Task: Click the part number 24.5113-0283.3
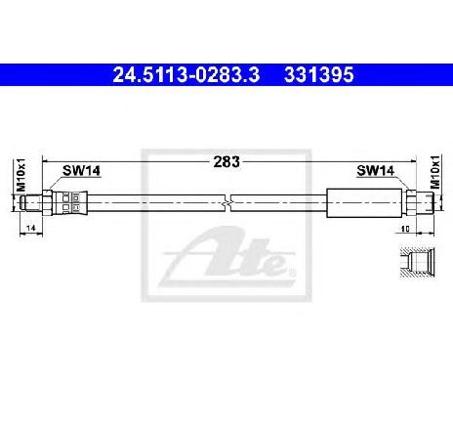pos(186,75)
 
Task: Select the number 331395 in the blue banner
pos(318,75)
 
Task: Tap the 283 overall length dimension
pos(226,162)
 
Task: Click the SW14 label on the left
pos(81,170)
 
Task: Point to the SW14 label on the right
pos(376,170)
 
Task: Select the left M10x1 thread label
pos(21,175)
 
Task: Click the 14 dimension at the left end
pos(31,228)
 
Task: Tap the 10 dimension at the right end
pos(405,229)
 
